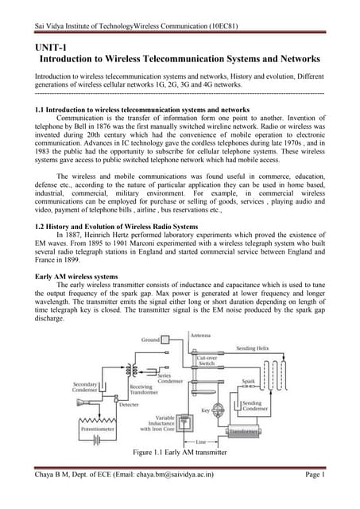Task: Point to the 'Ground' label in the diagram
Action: (152, 340)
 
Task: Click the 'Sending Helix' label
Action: (265, 349)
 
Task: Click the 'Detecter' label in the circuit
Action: (129, 405)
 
